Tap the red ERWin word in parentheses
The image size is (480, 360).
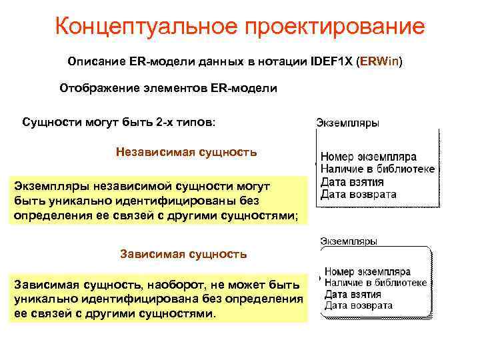[x=379, y=62]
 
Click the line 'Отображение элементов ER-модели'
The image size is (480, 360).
[x=168, y=88]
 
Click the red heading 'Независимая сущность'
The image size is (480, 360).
[x=186, y=152]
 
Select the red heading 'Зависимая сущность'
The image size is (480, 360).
[x=183, y=254]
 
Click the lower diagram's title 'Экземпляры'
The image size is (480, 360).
[x=349, y=241]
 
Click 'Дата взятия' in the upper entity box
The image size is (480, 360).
[x=352, y=182]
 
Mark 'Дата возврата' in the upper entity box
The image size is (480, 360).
[x=359, y=194]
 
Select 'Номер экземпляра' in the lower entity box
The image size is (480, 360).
[x=367, y=272]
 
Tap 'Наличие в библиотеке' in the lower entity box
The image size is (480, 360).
[x=376, y=283]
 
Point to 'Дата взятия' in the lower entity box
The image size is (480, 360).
[x=352, y=295]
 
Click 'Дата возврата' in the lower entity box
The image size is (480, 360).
[x=358, y=306]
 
